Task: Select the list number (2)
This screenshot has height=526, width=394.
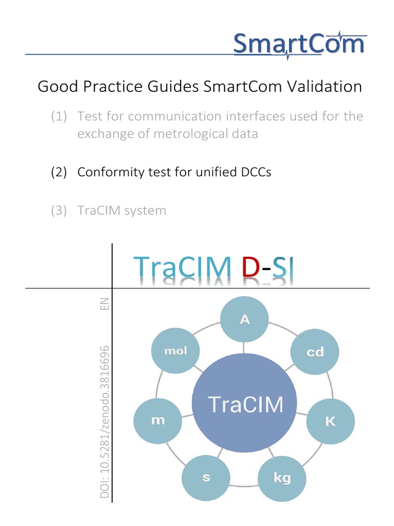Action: (x=59, y=172)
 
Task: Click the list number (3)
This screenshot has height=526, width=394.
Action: (x=59, y=210)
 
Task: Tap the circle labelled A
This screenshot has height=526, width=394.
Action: (x=245, y=320)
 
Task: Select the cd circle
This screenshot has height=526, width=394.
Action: (x=315, y=352)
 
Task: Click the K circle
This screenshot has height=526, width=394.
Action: (x=330, y=422)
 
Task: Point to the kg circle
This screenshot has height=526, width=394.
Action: (x=282, y=478)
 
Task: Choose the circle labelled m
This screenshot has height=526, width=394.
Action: (x=158, y=420)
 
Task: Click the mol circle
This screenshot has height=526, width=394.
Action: (x=176, y=351)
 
